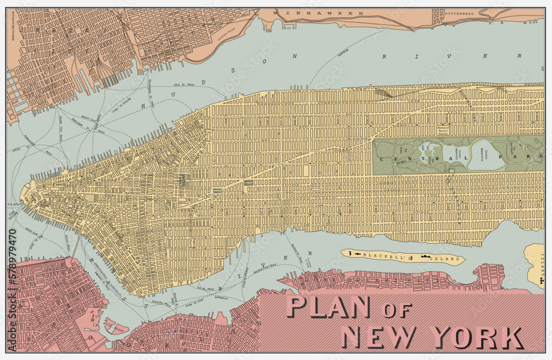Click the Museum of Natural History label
click(x=443, y=130)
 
